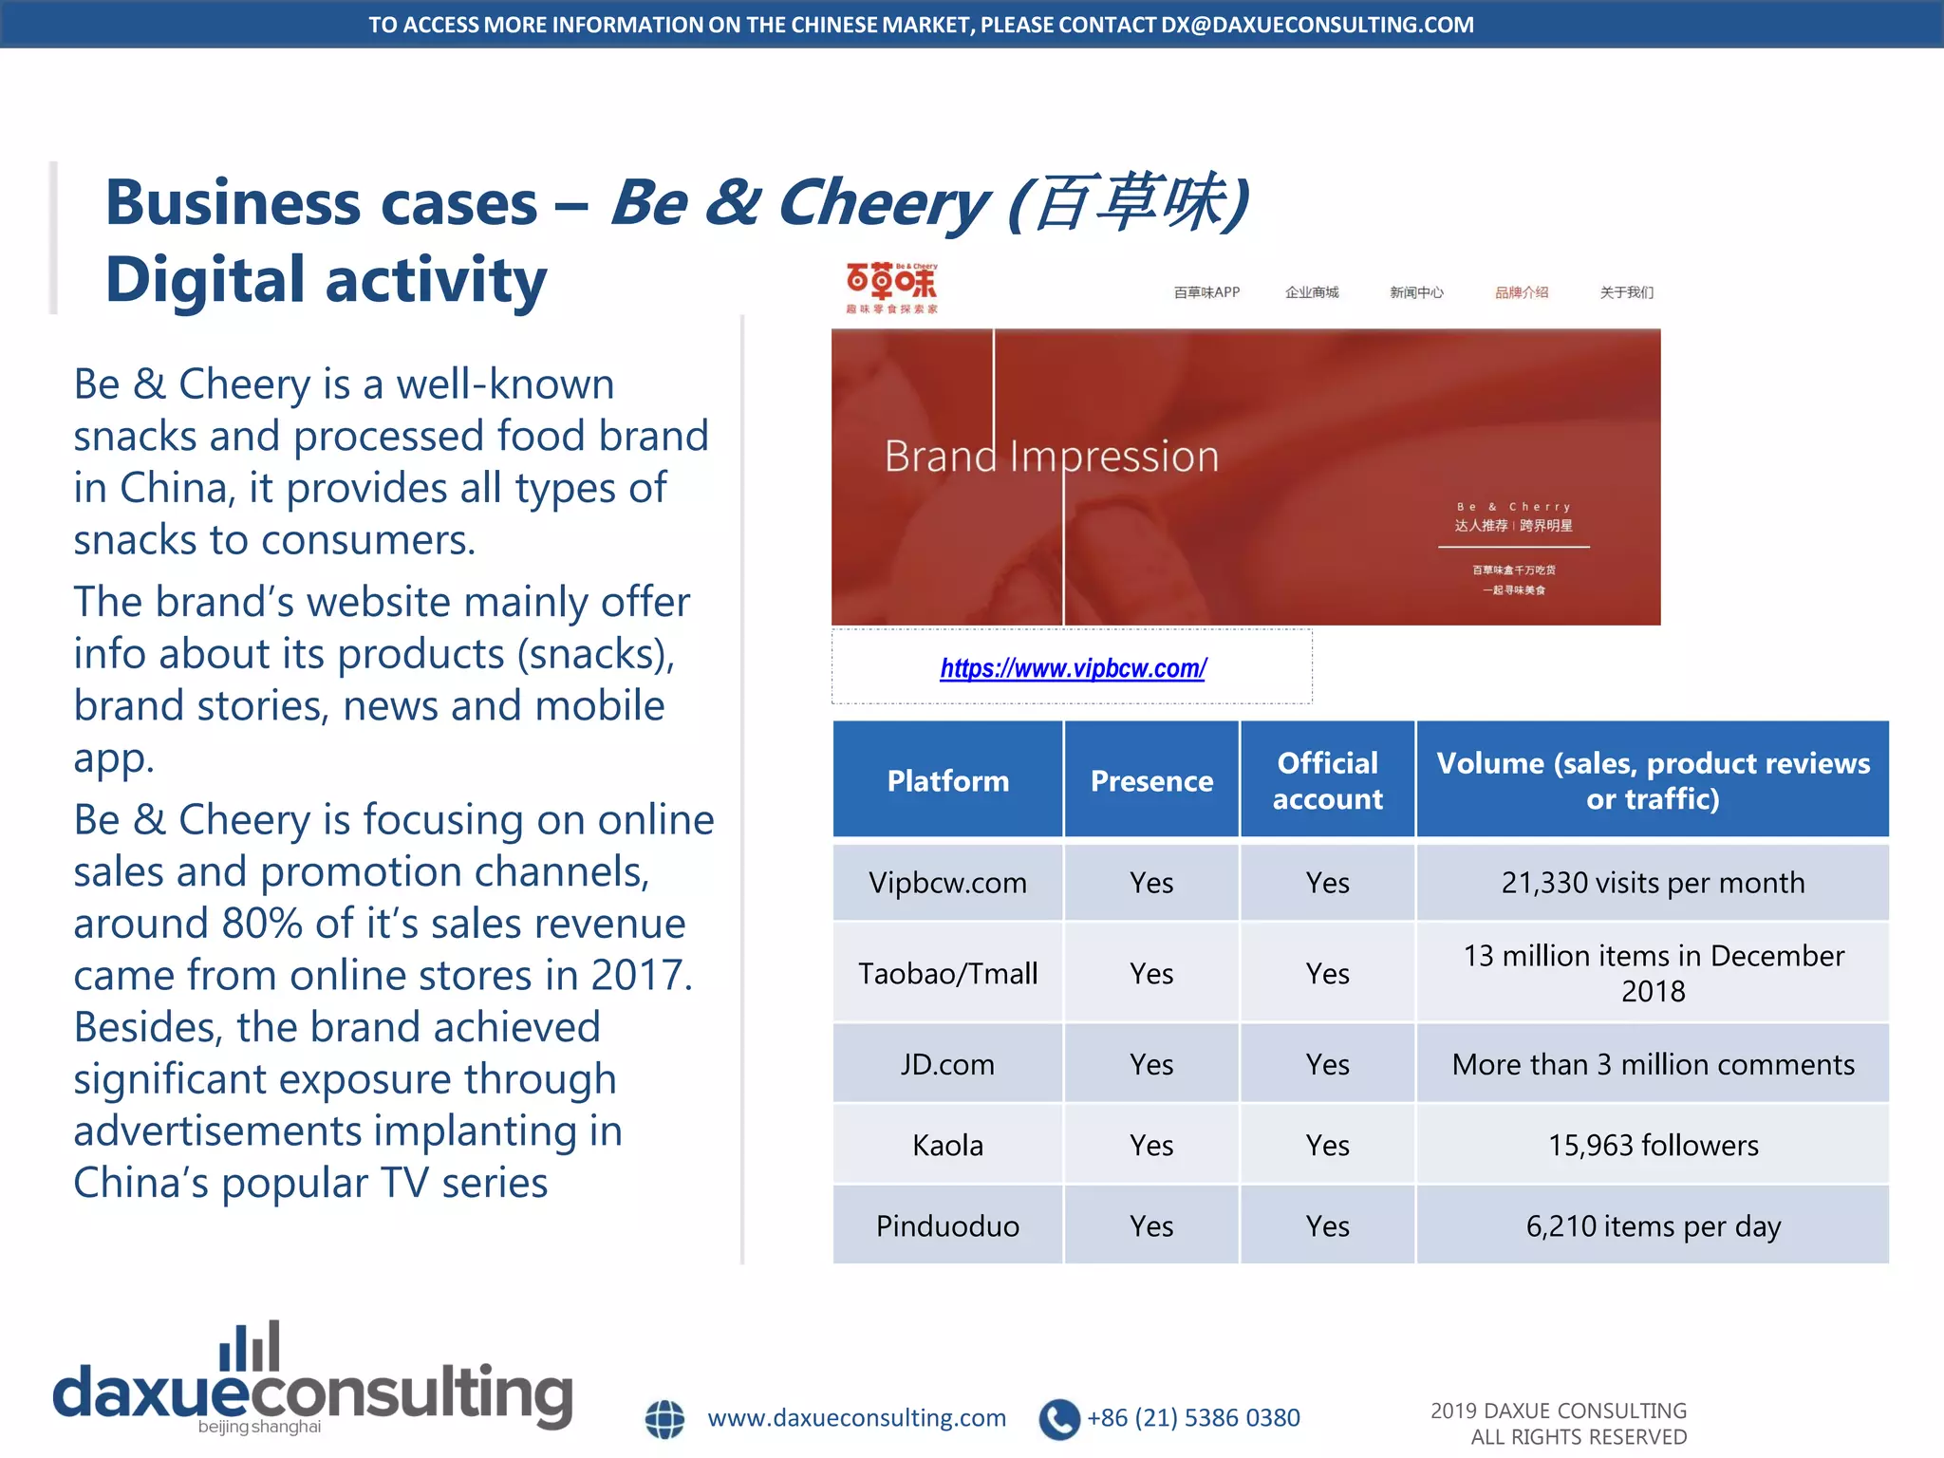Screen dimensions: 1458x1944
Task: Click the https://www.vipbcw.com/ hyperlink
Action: click(x=1073, y=668)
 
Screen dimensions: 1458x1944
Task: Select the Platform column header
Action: click(x=947, y=780)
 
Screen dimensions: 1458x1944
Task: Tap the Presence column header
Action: click(x=1151, y=780)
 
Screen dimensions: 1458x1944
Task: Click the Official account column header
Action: click(x=1327, y=780)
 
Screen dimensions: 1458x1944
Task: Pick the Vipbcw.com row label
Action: click(x=947, y=883)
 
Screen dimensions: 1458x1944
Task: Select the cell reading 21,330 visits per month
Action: click(x=1653, y=883)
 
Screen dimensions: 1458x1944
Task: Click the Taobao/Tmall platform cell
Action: click(x=947, y=973)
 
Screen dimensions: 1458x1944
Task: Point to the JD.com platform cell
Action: click(x=947, y=1064)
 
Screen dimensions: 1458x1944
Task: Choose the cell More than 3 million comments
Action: click(x=1653, y=1064)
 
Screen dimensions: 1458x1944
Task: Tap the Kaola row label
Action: click(x=947, y=1145)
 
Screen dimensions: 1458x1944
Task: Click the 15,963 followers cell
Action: click(x=1653, y=1145)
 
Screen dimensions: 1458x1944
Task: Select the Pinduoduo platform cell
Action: click(x=947, y=1225)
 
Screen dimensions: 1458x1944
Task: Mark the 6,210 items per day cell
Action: click(x=1653, y=1225)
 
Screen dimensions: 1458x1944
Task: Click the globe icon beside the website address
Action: click(x=664, y=1419)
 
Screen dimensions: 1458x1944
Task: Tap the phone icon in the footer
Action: click(x=1059, y=1419)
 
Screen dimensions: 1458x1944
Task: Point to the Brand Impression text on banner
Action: click(x=1051, y=457)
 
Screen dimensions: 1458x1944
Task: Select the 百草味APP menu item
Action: click(x=1206, y=292)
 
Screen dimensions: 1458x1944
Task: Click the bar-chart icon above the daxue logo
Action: click(x=250, y=1346)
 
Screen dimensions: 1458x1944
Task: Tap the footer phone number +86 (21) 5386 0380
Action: click(x=1193, y=1417)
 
